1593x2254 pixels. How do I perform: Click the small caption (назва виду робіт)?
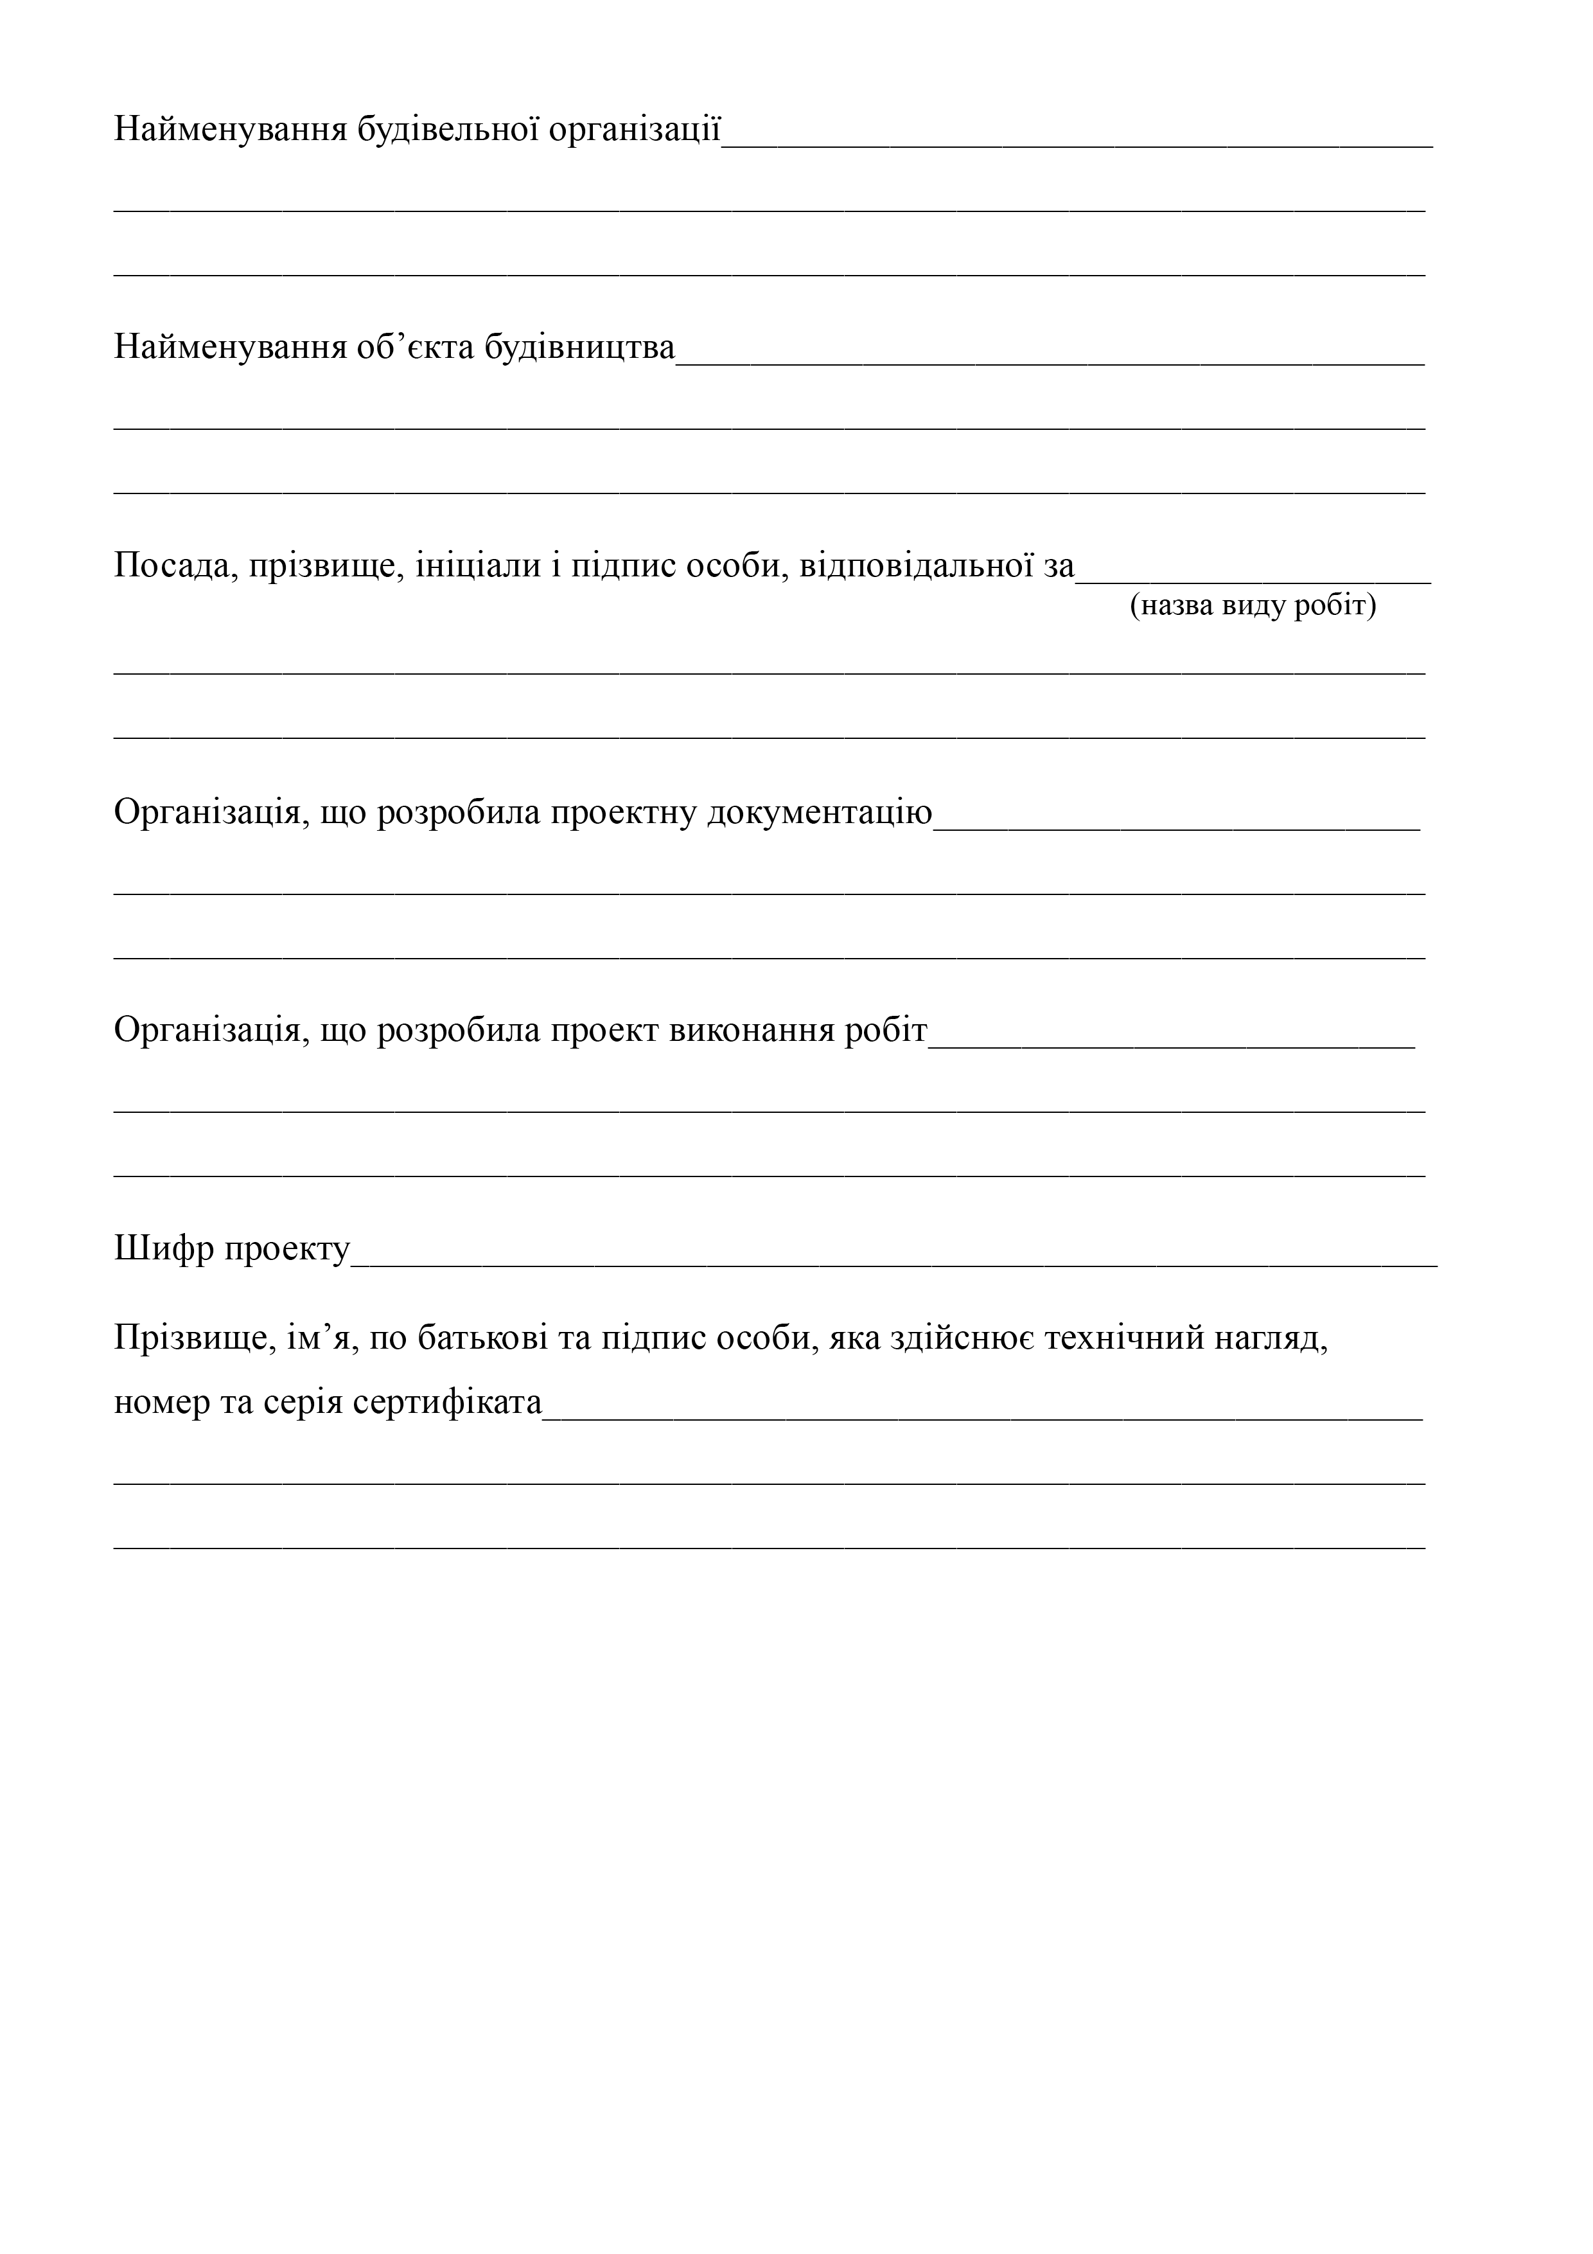click(1253, 606)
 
